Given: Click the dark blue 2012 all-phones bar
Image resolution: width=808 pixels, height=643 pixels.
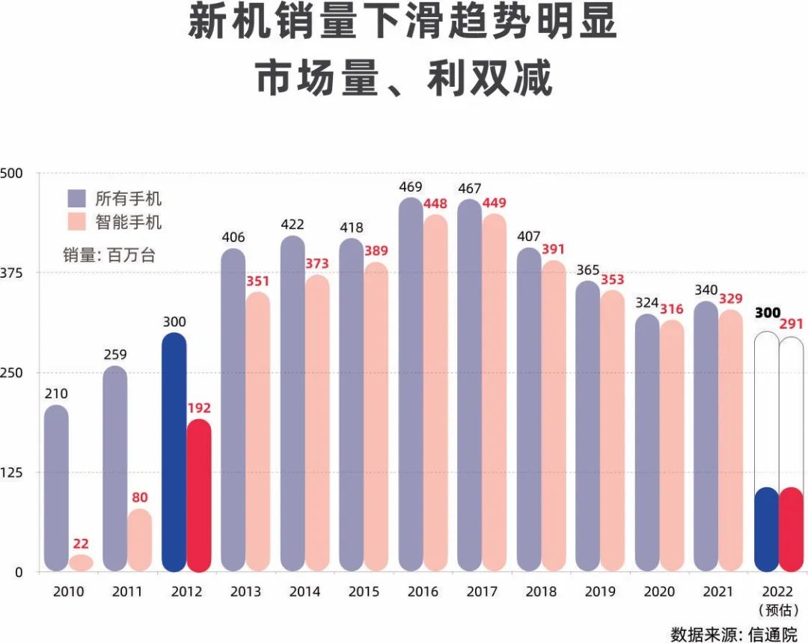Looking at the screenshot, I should (x=174, y=453).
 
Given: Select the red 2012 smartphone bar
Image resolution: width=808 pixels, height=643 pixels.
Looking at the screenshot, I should (x=199, y=496).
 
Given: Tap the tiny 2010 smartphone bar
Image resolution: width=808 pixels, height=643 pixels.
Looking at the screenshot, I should (x=81, y=563).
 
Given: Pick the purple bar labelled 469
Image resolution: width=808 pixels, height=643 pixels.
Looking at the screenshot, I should (x=411, y=386).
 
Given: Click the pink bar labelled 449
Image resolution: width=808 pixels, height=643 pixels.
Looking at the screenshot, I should (x=495, y=393).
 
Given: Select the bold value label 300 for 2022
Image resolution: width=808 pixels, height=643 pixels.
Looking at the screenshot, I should (x=767, y=313).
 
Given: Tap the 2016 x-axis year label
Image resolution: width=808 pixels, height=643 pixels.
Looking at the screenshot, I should (x=423, y=592).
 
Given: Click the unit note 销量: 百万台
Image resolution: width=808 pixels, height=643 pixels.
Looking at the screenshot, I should (x=109, y=255).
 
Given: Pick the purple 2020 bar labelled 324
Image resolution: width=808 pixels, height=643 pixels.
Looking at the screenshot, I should (x=647, y=443).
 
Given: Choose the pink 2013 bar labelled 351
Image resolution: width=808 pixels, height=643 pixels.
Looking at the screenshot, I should (x=258, y=432).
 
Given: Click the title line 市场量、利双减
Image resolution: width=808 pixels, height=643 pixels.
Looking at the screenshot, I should (x=404, y=79).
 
